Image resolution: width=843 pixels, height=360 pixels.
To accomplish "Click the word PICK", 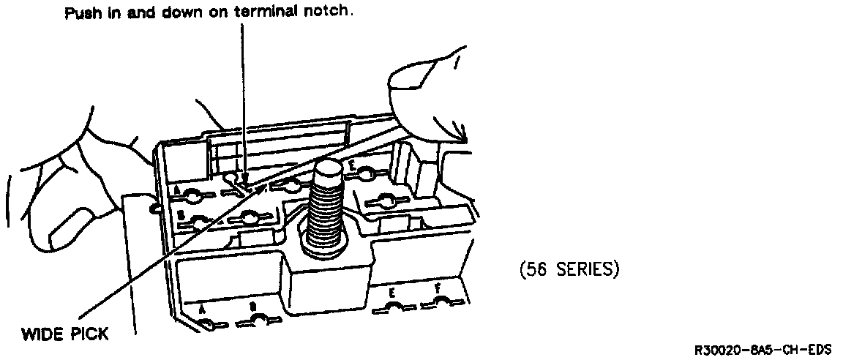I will coord(89,334).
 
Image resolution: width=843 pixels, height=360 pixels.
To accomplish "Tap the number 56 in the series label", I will coord(536,270).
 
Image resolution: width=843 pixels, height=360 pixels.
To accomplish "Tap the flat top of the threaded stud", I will coord(328,171).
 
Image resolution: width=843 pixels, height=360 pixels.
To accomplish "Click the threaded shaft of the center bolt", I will coord(328,220).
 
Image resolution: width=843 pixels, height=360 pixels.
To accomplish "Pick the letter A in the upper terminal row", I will coord(177,189).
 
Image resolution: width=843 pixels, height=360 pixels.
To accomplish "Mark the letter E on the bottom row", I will coord(392,293).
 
